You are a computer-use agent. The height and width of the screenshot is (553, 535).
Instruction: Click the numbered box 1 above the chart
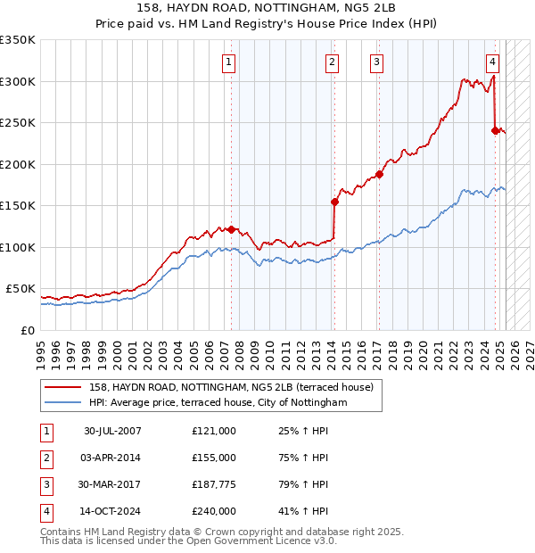coord(230,62)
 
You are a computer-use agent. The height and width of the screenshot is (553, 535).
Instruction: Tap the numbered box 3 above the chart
coord(377,62)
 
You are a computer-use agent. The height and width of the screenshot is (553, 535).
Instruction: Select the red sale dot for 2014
coord(335,202)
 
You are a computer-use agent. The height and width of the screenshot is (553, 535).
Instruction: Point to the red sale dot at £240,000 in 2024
coord(495,130)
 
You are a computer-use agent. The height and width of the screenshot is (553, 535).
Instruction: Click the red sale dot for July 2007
coord(232,229)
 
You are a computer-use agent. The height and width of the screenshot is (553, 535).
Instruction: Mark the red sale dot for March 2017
coord(379,174)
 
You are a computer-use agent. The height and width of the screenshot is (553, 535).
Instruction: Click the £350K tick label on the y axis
coord(18,40)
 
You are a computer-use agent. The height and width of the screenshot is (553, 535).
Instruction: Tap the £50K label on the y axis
coord(21,289)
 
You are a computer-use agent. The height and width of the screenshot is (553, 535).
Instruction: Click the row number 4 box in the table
coord(45,511)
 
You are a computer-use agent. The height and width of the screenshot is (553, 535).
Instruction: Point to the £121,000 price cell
coord(214,431)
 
